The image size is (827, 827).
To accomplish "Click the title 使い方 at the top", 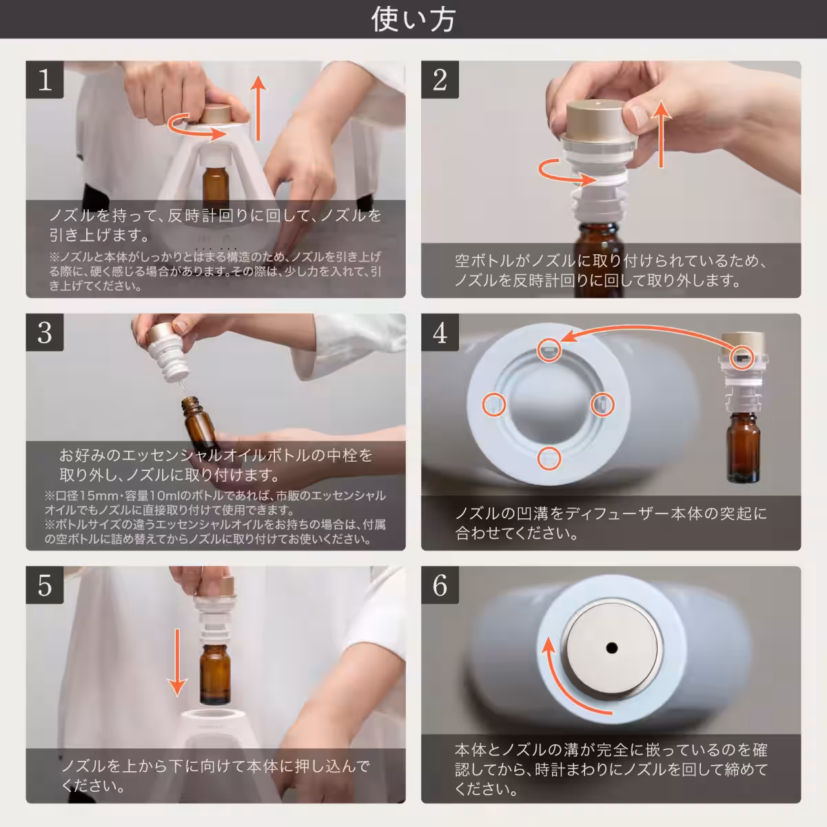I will pyautogui.click(x=413, y=19).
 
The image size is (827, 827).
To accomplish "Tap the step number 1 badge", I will pyautogui.click(x=45, y=80).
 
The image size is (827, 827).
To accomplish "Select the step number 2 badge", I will pyautogui.click(x=440, y=80).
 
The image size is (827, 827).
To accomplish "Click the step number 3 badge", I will pyautogui.click(x=45, y=333).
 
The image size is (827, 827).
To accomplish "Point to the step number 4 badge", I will pyautogui.click(x=440, y=333).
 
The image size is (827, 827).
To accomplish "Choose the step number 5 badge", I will pyautogui.click(x=45, y=586).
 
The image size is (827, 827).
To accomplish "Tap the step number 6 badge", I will pyautogui.click(x=440, y=586).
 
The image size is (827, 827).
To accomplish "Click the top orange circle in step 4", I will pyautogui.click(x=549, y=350).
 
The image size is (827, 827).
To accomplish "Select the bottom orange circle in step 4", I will pyautogui.click(x=549, y=458).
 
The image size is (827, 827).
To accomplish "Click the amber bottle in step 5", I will pyautogui.click(x=215, y=664).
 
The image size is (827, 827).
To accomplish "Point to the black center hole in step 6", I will pyautogui.click(x=611, y=647).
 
